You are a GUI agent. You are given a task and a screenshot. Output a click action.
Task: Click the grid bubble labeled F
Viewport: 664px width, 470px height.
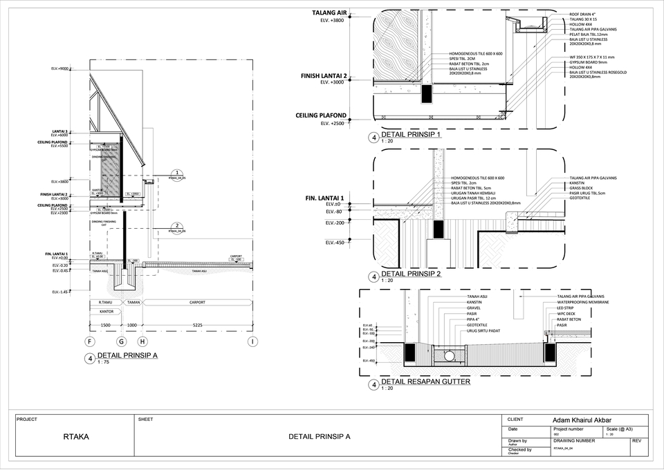pos(89,341)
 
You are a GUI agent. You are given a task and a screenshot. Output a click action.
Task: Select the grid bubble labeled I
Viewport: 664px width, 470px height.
pos(254,341)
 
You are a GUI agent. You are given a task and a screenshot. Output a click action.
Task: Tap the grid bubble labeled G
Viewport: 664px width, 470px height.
pos(122,341)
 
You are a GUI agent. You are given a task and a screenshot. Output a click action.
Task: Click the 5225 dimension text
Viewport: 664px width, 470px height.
pos(198,325)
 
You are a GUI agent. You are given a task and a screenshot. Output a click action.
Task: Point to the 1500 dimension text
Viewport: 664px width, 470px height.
pos(106,325)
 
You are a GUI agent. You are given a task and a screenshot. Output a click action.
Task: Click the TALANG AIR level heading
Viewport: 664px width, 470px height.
pos(329,13)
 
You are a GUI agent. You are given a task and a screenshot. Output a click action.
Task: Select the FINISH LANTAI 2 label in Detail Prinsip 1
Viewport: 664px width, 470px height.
pos(324,75)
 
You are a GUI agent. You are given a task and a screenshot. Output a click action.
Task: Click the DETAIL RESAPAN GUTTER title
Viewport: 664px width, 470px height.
pos(425,382)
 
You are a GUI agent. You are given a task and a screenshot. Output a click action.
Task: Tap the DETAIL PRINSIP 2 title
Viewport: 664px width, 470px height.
pos(412,274)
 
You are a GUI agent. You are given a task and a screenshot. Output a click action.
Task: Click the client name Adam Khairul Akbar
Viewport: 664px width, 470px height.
pos(582,420)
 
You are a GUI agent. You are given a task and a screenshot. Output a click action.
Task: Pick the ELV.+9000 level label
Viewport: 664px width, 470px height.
pos(59,68)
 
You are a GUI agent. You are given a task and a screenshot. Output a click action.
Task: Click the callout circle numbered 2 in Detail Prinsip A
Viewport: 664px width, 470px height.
pos(177,226)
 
